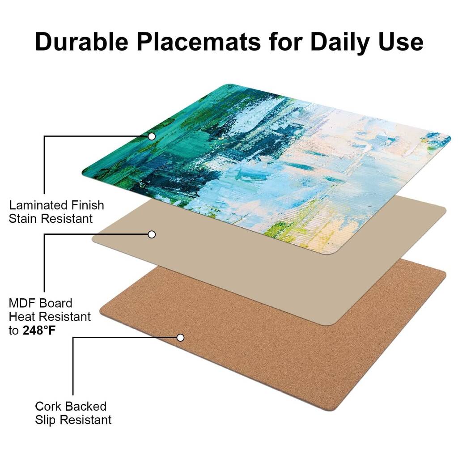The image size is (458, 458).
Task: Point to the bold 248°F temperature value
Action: click(39, 331)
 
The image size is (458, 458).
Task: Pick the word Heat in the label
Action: click(22, 317)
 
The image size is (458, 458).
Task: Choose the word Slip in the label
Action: click(46, 420)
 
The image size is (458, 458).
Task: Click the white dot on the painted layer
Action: click(152, 136)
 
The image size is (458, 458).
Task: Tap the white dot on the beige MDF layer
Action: click(152, 234)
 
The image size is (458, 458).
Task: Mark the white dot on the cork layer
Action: click(180, 338)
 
